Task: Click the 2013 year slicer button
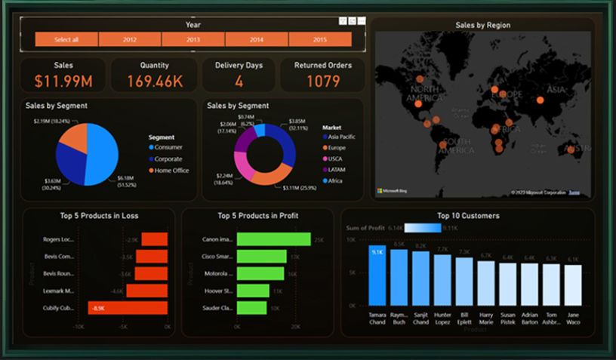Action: point(193,39)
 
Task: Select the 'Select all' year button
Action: point(66,39)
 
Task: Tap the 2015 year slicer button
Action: point(319,39)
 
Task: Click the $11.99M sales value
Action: point(64,81)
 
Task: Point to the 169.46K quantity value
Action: point(154,81)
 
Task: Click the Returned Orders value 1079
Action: point(322,81)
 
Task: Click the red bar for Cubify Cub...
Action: point(128,308)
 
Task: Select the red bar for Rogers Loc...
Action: point(155,239)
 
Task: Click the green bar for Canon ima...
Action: point(273,239)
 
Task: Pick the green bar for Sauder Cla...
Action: point(252,308)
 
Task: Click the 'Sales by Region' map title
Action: point(482,25)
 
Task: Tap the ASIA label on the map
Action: point(556,90)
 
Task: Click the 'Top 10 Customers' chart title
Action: point(468,216)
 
